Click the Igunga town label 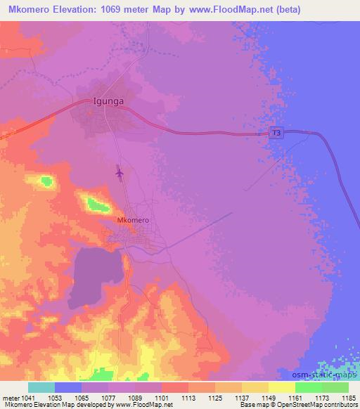pos(108,101)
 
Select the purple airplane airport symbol pos(119,171)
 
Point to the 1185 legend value pos(348,398)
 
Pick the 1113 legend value pos(188,398)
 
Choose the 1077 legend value pos(108,398)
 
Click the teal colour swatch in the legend pos(41,387)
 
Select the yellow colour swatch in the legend pos(281,387)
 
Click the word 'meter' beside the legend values pos(10,398)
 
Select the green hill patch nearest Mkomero pos(96,205)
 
